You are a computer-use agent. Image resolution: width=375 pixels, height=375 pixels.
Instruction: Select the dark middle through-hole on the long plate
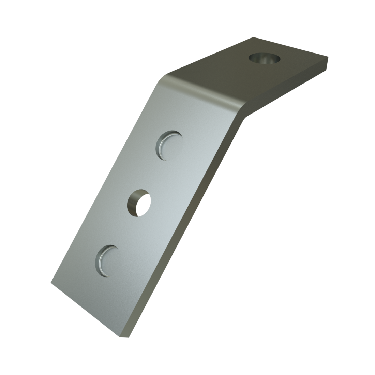[x=139, y=202]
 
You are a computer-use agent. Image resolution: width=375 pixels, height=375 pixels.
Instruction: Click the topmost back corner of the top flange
[x=253, y=37]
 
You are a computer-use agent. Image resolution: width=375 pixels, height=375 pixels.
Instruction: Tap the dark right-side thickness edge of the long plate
[x=191, y=225]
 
